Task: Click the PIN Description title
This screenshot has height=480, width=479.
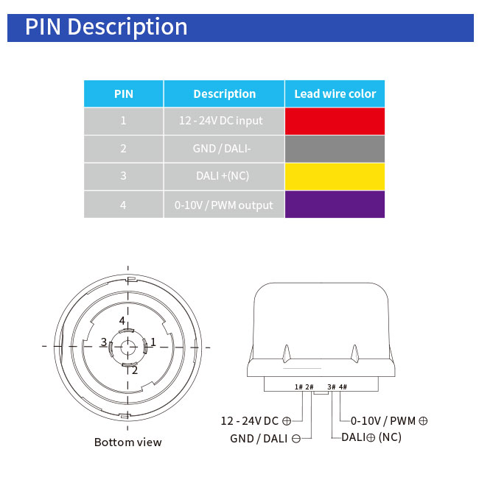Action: tap(106, 27)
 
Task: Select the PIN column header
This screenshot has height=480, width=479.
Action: tap(123, 94)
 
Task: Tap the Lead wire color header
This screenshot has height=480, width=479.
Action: tap(335, 94)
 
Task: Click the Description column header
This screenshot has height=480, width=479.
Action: tap(224, 94)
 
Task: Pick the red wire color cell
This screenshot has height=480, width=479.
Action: tap(335, 121)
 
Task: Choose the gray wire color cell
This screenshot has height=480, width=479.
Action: tap(335, 149)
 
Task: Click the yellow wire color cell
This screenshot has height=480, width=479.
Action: tap(335, 176)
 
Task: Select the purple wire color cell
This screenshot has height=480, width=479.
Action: tap(335, 204)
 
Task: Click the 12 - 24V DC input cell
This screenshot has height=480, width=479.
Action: tap(221, 121)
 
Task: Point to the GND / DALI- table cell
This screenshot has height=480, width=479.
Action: tap(223, 149)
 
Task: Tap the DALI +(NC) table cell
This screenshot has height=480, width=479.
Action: tap(223, 176)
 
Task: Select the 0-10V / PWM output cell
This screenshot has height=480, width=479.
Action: tap(223, 205)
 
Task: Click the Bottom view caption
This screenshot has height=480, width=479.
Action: tap(127, 442)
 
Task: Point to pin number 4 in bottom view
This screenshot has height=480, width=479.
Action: tap(122, 321)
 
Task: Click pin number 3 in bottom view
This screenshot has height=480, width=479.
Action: tap(104, 342)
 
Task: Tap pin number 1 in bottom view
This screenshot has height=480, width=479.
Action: tap(153, 342)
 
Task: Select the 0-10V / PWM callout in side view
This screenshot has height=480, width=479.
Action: tap(389, 421)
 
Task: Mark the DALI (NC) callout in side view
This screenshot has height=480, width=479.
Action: tap(371, 437)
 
